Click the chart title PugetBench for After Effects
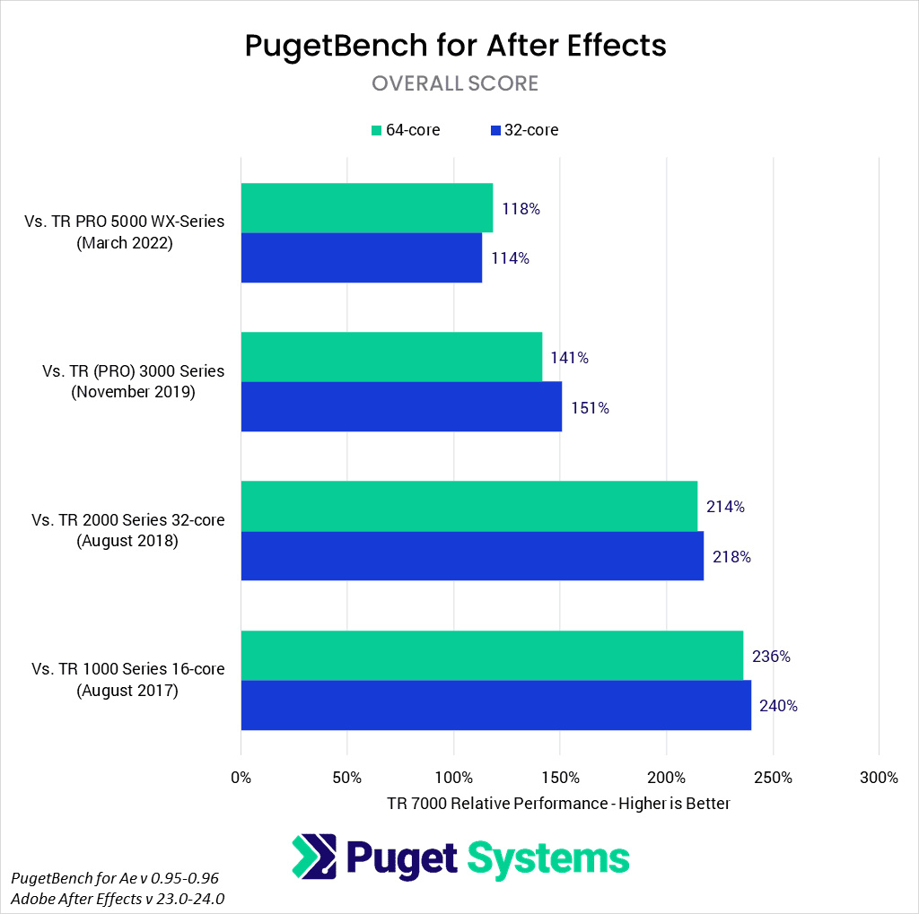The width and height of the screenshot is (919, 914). (x=455, y=46)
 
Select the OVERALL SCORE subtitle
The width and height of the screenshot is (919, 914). (x=455, y=83)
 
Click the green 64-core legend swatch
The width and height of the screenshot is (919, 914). (x=377, y=131)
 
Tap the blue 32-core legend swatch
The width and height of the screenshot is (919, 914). (x=495, y=131)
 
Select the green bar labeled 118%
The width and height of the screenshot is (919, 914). (x=366, y=208)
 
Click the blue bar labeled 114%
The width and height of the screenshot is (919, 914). (x=361, y=257)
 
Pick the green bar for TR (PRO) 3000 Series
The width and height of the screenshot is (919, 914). (x=391, y=357)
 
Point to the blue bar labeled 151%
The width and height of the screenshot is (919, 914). (x=401, y=407)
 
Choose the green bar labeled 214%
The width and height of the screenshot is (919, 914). (x=468, y=506)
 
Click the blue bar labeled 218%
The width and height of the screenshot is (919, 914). (x=472, y=556)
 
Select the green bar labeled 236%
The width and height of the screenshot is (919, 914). (x=492, y=656)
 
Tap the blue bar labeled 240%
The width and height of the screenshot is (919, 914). (x=495, y=705)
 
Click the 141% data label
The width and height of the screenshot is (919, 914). (x=570, y=358)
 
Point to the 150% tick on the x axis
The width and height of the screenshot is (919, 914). (x=560, y=777)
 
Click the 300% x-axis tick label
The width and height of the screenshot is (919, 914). (x=879, y=777)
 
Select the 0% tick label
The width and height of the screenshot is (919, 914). (x=241, y=777)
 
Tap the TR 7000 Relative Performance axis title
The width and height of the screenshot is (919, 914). (x=558, y=803)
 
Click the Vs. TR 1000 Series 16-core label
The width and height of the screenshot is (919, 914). (x=128, y=669)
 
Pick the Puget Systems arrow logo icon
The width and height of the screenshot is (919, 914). (x=313, y=857)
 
